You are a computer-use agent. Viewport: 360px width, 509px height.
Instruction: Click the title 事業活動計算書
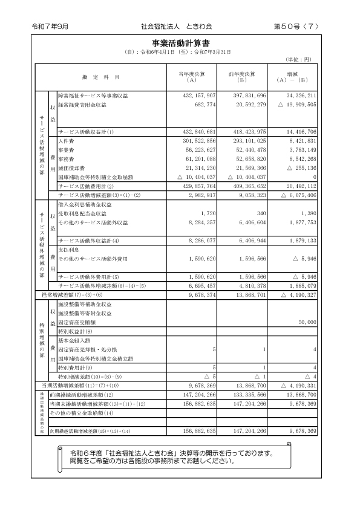181,44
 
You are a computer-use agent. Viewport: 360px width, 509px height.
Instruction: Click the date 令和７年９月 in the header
50,27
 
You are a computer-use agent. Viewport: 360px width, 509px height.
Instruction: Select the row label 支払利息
68,248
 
